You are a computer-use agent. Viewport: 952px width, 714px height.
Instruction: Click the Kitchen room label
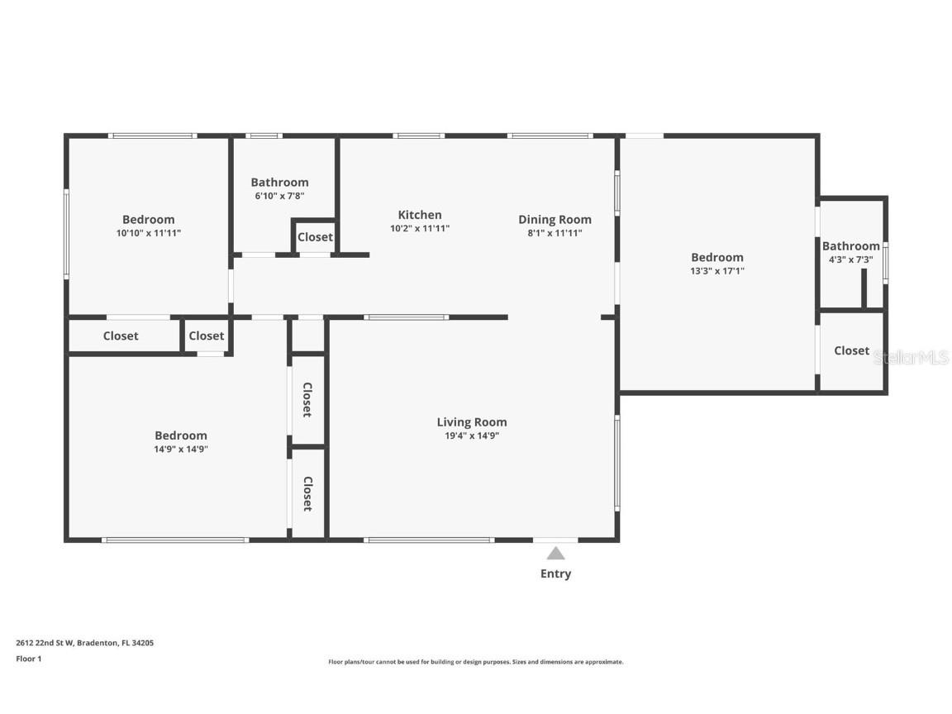pyautogui.click(x=420, y=215)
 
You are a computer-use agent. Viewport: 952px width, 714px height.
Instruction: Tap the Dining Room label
pyautogui.click(x=555, y=220)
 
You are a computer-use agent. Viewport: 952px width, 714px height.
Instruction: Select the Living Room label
pyautogui.click(x=472, y=422)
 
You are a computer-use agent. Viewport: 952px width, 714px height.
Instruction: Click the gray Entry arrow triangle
pyautogui.click(x=555, y=553)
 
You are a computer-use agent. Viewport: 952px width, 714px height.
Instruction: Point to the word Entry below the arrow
pyautogui.click(x=555, y=574)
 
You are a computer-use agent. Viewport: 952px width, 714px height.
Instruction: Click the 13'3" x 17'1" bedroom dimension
pyautogui.click(x=717, y=271)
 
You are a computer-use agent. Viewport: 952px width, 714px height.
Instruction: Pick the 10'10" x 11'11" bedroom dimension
pyautogui.click(x=149, y=233)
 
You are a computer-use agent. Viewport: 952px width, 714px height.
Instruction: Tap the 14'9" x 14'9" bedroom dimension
pyautogui.click(x=181, y=450)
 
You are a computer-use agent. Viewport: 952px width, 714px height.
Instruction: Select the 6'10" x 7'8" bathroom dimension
pyautogui.click(x=279, y=196)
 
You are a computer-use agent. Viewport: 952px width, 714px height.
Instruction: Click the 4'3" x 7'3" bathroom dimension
pyautogui.click(x=850, y=259)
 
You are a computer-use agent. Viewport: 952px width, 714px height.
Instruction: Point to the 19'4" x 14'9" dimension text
pyautogui.click(x=472, y=436)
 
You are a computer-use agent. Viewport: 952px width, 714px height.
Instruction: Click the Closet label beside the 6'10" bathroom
pyautogui.click(x=315, y=237)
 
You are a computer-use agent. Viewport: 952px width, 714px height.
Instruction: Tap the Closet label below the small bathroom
pyautogui.click(x=851, y=351)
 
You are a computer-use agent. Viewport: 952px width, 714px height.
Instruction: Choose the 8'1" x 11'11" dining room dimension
pyautogui.click(x=555, y=233)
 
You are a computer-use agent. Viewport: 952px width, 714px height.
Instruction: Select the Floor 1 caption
pyautogui.click(x=29, y=659)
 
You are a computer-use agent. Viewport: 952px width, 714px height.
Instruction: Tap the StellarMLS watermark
pyautogui.click(x=912, y=358)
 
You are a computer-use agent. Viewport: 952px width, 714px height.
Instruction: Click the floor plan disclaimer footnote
pyautogui.click(x=475, y=663)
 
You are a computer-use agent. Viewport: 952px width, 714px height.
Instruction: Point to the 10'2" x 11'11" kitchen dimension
pyautogui.click(x=420, y=229)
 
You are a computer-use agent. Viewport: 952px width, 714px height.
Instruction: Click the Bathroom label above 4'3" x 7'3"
pyautogui.click(x=850, y=246)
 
